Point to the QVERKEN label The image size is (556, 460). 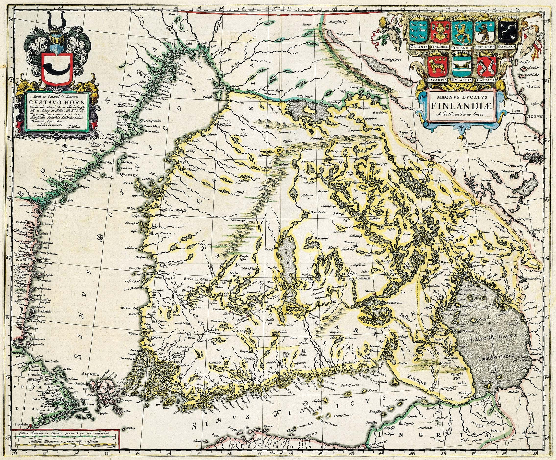point(127,175)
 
